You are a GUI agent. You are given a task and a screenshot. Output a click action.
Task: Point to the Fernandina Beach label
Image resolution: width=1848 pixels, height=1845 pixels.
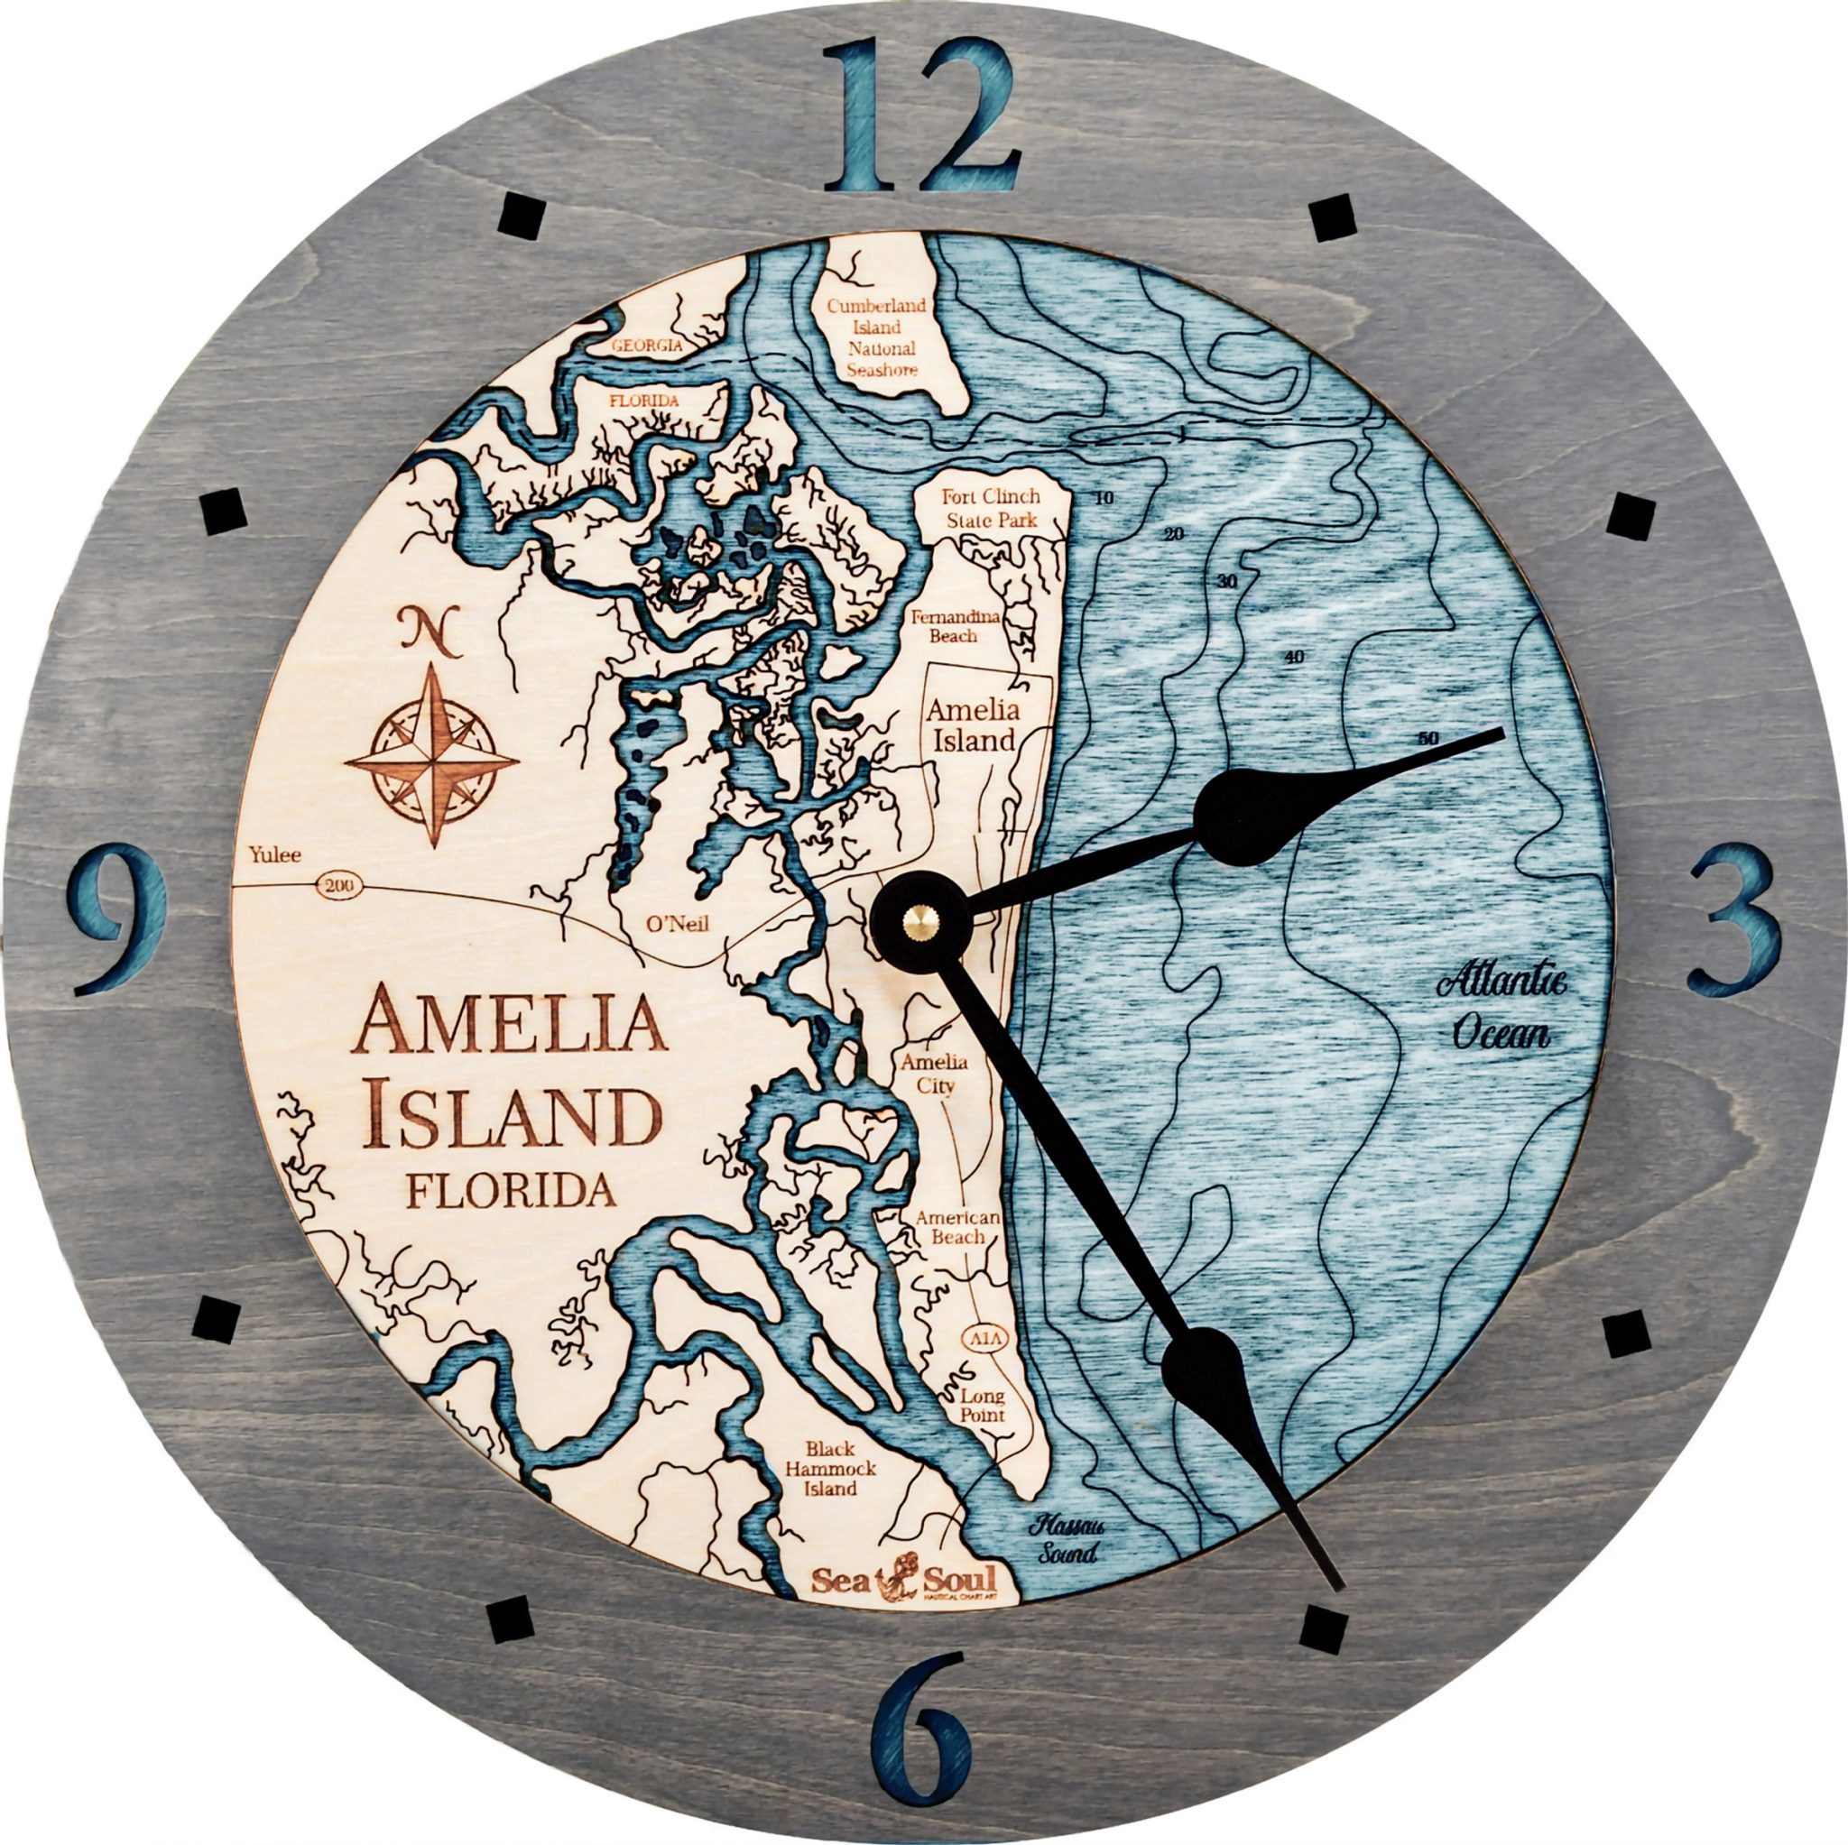tap(956, 625)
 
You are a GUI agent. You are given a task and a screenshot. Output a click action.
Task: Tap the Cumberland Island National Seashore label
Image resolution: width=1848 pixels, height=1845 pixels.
tap(876, 337)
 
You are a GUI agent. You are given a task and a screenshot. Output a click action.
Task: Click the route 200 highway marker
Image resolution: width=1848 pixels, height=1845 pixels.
tap(337, 887)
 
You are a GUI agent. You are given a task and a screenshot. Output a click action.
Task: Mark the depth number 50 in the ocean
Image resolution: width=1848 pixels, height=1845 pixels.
tap(1429, 739)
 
